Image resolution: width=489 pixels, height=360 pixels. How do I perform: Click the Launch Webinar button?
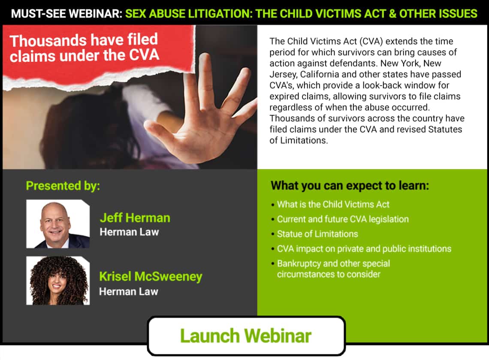(x=246, y=336)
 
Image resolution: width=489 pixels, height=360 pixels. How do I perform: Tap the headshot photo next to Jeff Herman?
(x=58, y=224)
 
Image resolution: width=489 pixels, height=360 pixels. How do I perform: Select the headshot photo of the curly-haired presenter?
(x=58, y=281)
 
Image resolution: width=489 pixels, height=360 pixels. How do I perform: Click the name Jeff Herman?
(x=135, y=218)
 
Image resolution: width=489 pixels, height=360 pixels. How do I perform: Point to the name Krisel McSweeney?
(x=151, y=276)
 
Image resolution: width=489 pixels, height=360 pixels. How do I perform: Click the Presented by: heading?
(x=63, y=186)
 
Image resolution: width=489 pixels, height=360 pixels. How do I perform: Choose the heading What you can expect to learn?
(x=350, y=186)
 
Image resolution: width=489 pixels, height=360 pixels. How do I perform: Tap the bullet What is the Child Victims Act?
(x=333, y=204)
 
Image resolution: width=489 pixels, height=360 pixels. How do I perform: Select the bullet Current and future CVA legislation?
(x=343, y=219)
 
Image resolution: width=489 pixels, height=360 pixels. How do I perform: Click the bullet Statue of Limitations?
(x=317, y=234)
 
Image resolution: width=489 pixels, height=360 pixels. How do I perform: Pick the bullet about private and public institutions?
(x=364, y=248)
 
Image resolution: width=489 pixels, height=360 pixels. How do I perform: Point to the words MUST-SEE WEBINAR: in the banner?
(x=67, y=14)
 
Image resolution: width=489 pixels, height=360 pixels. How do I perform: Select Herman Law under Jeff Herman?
(x=130, y=232)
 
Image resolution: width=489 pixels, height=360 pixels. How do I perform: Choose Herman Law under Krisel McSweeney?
(x=129, y=292)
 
